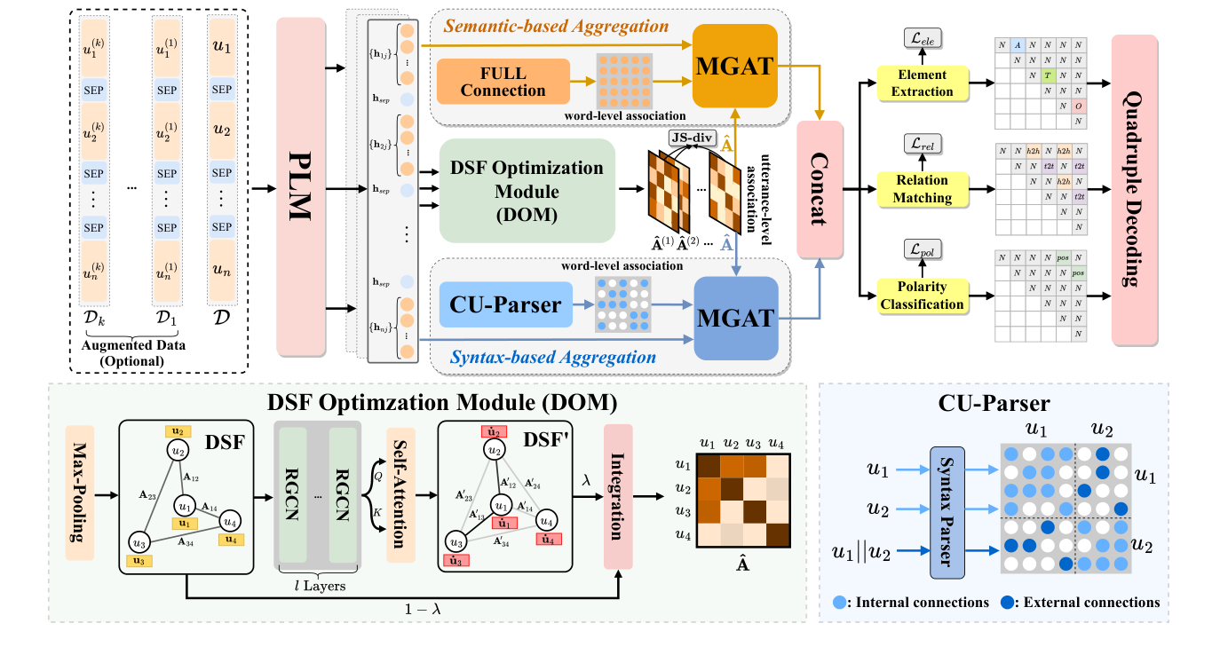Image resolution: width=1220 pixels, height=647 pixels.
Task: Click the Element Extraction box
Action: [923, 83]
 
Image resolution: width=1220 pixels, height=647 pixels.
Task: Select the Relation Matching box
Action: [922, 188]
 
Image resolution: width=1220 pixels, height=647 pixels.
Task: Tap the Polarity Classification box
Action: [922, 296]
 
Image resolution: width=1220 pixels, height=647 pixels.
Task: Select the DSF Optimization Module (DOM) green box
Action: [527, 190]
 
